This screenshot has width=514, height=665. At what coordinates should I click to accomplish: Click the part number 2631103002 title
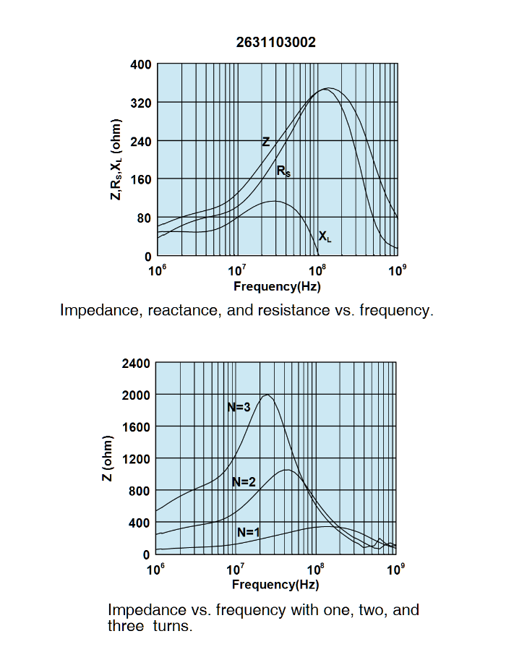click(275, 43)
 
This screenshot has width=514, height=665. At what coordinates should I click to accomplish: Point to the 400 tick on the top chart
click(140, 64)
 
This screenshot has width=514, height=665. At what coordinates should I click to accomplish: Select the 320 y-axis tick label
click(140, 103)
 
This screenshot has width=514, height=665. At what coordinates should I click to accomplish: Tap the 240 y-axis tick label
click(140, 141)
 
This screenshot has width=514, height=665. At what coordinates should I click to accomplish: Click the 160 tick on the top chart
click(140, 179)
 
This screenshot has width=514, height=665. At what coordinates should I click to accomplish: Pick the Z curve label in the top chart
click(265, 142)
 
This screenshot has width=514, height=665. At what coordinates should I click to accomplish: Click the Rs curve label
click(283, 171)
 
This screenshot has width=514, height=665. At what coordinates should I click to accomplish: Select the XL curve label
click(325, 236)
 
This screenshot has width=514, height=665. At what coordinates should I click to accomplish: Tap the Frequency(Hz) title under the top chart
click(277, 286)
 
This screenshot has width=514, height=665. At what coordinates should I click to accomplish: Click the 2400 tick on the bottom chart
click(137, 363)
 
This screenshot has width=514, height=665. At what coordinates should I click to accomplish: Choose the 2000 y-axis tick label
click(137, 395)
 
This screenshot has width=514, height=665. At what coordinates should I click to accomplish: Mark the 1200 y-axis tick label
click(137, 458)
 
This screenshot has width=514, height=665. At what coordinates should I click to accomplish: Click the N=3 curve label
click(239, 407)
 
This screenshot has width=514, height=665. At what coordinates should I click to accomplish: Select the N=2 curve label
click(244, 482)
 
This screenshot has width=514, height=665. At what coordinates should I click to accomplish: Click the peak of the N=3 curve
click(267, 395)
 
